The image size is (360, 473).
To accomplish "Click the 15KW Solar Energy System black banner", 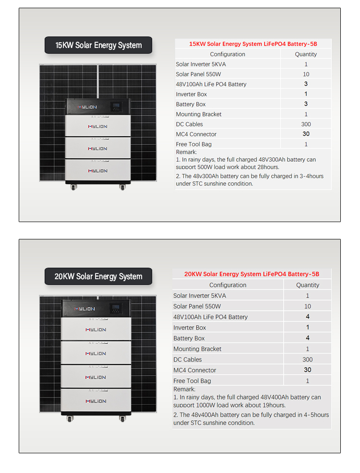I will pos(98,45).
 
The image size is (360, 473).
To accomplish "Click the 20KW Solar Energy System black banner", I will pos(98,276).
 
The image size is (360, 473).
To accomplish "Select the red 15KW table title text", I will pos(253,44).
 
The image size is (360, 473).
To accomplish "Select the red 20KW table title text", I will pos(252,274).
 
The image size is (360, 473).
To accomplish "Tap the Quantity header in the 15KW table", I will pos(306,54).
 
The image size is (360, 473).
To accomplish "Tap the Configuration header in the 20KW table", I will pos(228,285).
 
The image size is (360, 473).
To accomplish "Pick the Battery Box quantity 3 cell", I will pos(306,104).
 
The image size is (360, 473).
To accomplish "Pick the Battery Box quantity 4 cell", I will pos(308,338).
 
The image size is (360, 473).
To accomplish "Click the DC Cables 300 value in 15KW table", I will pos(306,124).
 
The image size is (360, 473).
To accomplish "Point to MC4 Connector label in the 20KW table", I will pos(194,370).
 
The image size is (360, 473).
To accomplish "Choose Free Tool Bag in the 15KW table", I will pos(193,144).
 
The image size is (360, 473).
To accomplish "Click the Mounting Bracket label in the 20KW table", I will pos(197,349).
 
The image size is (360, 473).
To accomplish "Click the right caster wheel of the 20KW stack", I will pos(122,419).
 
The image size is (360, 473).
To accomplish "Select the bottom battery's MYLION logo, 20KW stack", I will pos(96,401).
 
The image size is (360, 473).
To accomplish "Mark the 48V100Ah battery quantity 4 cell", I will pos(308,317).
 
